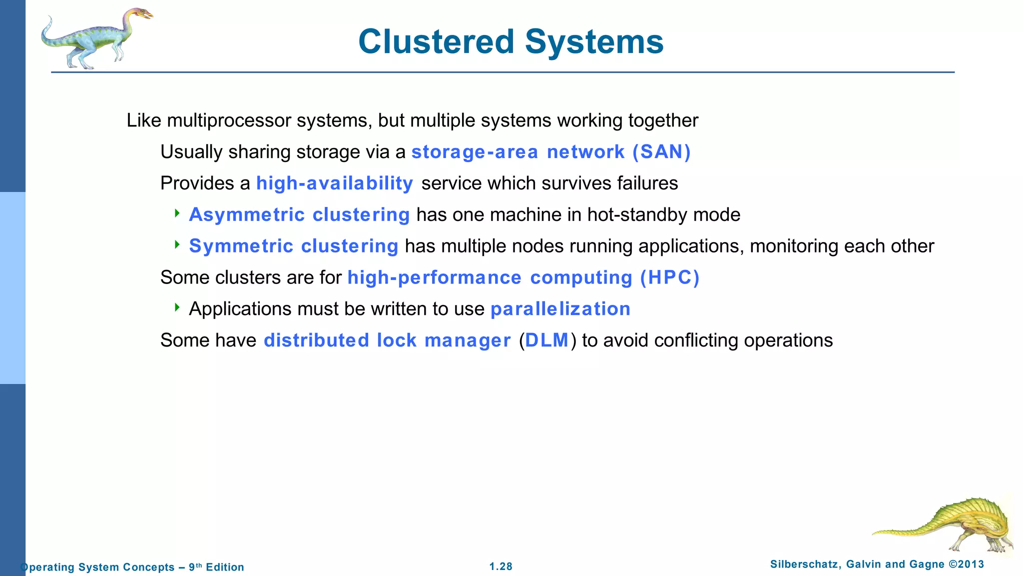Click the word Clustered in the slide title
[436, 41]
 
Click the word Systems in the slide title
[594, 41]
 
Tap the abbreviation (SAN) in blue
[661, 152]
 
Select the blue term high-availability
[334, 183]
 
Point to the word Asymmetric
[247, 215]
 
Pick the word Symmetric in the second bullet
[241, 246]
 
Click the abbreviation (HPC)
[670, 278]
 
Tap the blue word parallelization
[560, 309]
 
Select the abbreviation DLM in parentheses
[547, 340]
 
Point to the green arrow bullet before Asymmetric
[177, 213]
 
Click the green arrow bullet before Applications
[177, 307]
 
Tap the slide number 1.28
[501, 566]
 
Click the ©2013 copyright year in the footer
[966, 564]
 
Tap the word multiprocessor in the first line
[229, 120]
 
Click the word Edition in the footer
[225, 567]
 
